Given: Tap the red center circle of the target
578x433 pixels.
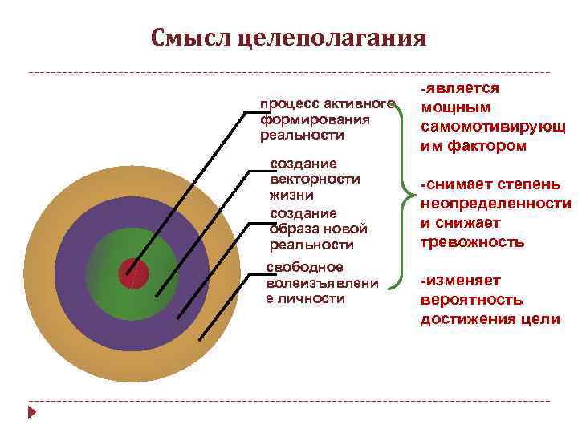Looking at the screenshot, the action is [133, 274].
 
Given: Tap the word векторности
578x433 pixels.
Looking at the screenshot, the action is [315, 179].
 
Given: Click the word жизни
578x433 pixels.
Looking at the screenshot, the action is [291, 195].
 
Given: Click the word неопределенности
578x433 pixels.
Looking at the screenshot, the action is [496, 204].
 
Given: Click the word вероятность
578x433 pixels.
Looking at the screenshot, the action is [471, 300].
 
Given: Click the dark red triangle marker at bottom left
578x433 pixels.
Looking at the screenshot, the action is [32, 413].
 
